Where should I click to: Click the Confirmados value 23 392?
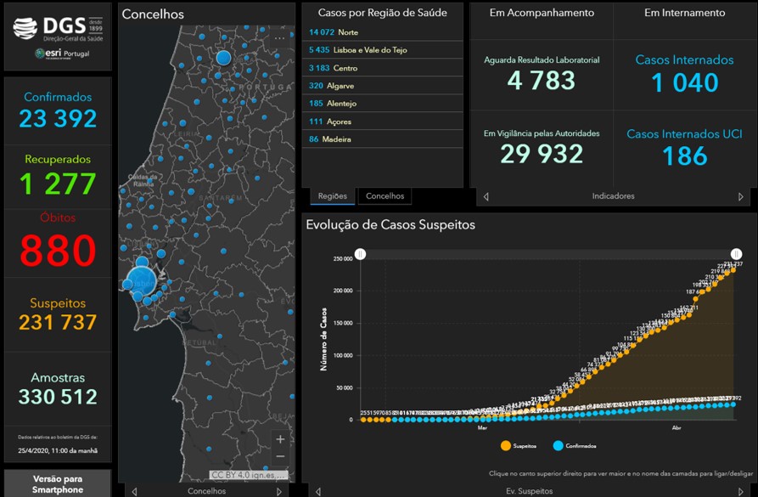click(58, 118)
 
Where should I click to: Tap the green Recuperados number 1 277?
click(58, 183)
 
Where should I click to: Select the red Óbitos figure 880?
click(58, 251)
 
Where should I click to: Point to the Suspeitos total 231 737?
click(58, 322)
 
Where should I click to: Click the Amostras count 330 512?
click(58, 397)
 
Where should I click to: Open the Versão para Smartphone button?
click(58, 484)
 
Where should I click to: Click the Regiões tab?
click(332, 196)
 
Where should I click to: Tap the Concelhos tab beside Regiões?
click(385, 196)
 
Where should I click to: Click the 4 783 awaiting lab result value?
click(541, 81)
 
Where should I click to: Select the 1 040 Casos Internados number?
click(685, 82)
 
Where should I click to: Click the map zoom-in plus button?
click(281, 439)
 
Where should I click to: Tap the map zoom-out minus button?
click(281, 457)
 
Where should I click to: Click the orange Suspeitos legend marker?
click(506, 445)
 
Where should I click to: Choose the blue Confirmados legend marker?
click(558, 445)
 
